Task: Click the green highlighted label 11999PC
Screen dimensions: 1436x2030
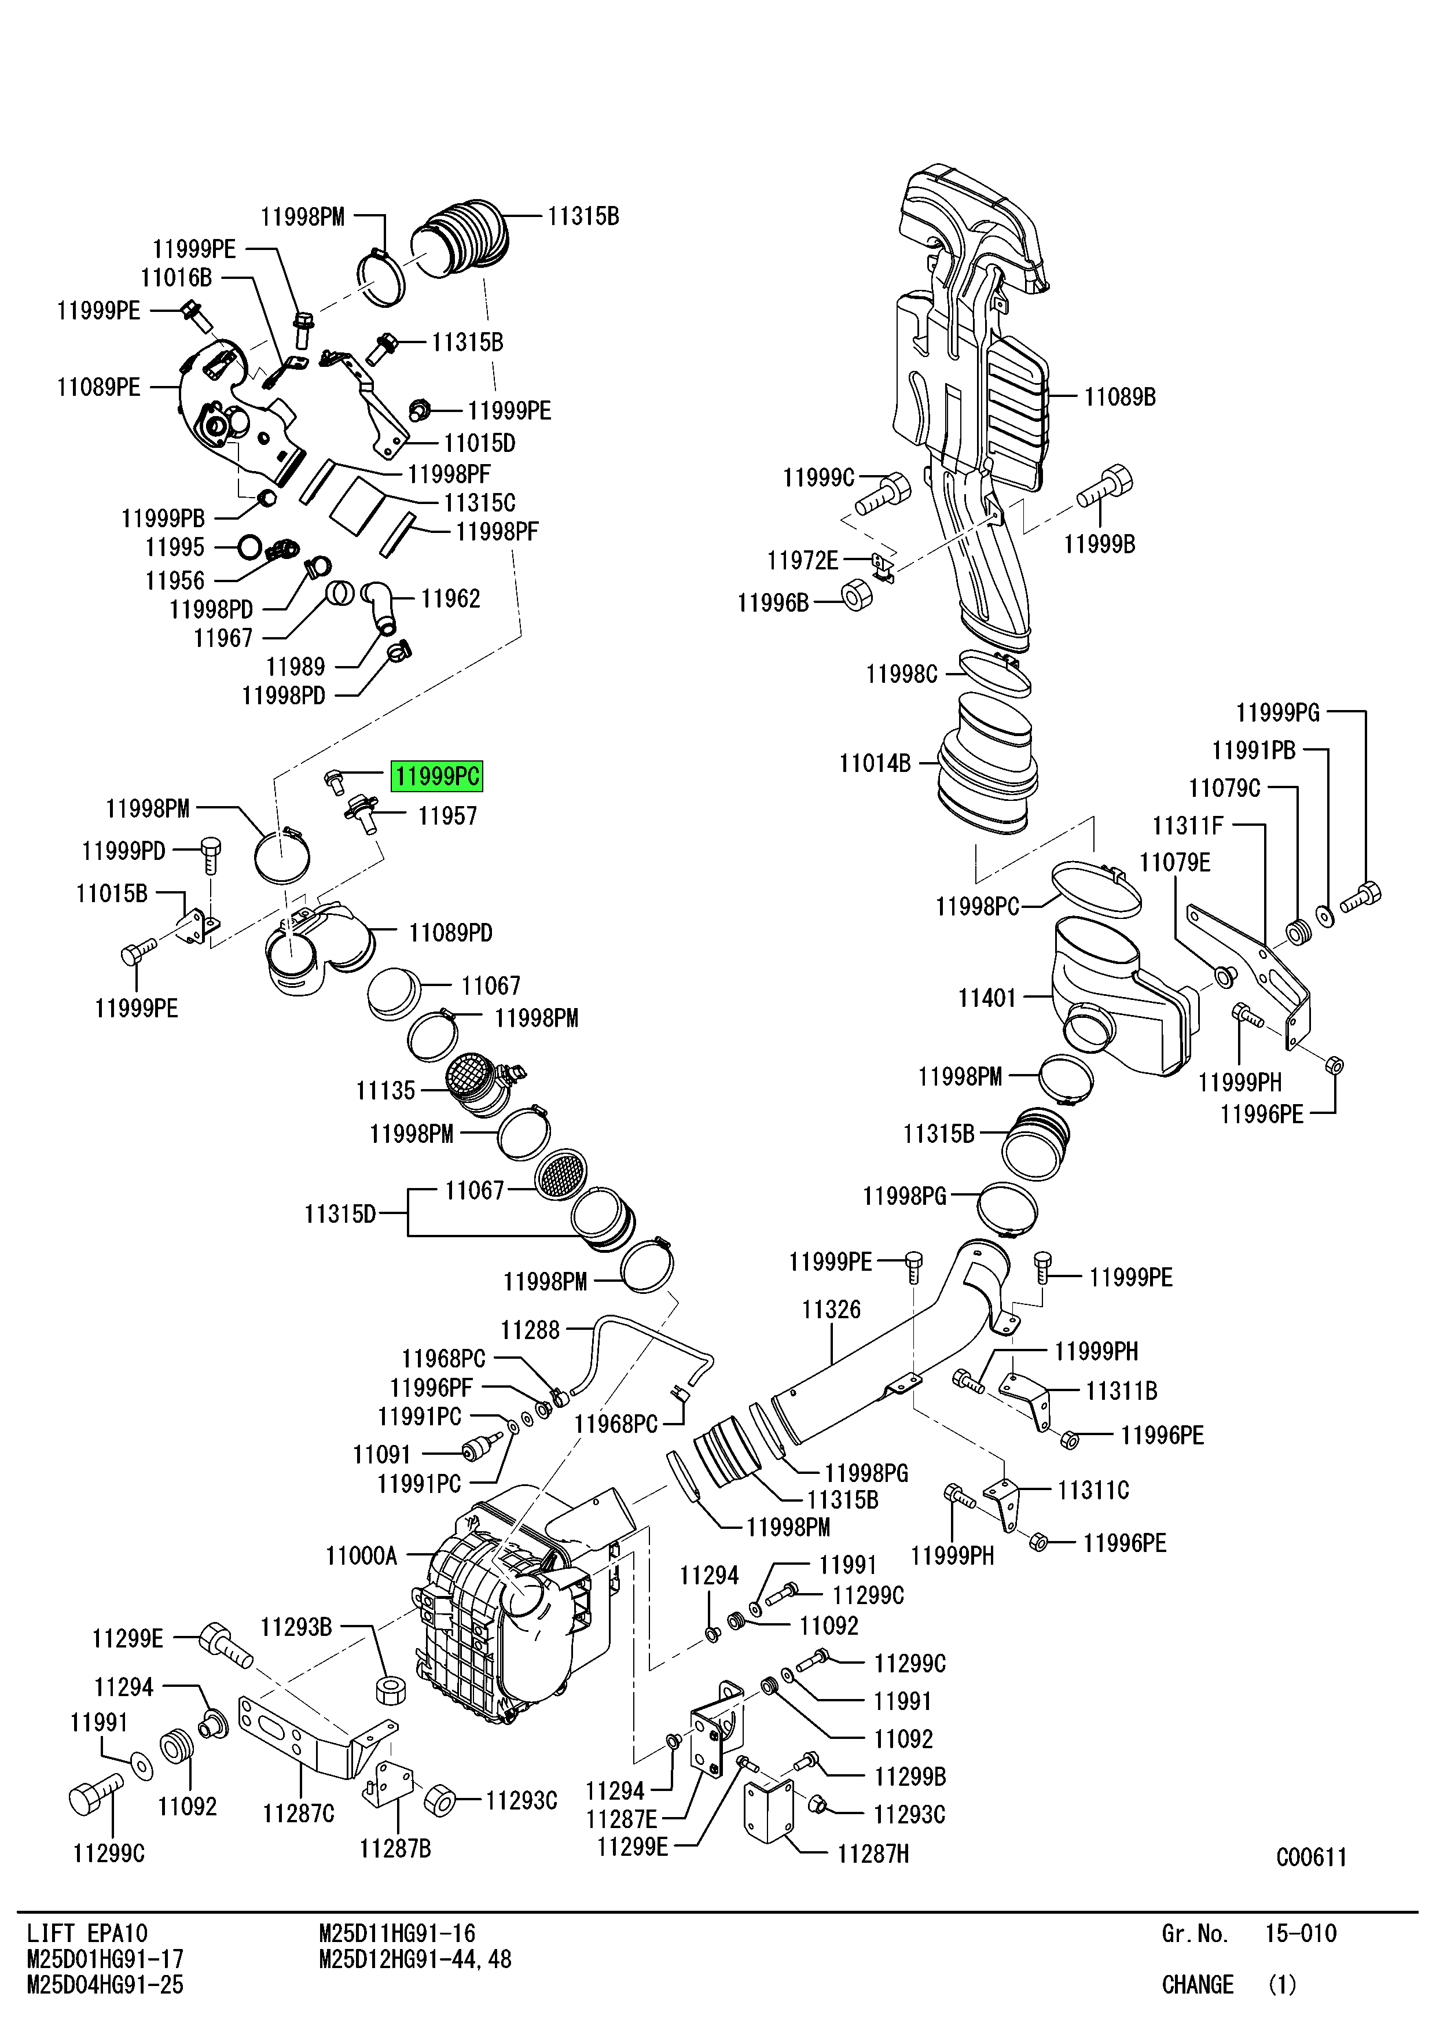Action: [437, 776]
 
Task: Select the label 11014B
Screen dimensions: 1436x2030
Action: [875, 763]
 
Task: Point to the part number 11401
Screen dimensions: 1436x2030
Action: [987, 998]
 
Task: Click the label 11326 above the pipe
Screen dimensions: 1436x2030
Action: [831, 1310]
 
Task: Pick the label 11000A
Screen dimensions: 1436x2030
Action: [362, 1555]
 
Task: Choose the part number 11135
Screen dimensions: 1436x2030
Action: [385, 1091]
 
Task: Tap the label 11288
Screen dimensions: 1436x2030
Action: [531, 1330]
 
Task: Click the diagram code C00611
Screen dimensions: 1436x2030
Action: [1312, 1857]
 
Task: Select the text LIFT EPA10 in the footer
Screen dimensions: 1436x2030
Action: [87, 1933]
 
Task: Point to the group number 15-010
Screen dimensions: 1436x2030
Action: [1301, 1933]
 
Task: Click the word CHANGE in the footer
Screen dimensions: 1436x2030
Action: [1198, 1985]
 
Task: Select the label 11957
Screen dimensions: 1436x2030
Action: [447, 816]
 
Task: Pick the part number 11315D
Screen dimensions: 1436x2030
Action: [340, 1214]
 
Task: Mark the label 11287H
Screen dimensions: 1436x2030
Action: [873, 1854]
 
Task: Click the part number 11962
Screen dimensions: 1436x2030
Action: [450, 598]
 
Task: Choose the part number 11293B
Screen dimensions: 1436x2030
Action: [296, 1627]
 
